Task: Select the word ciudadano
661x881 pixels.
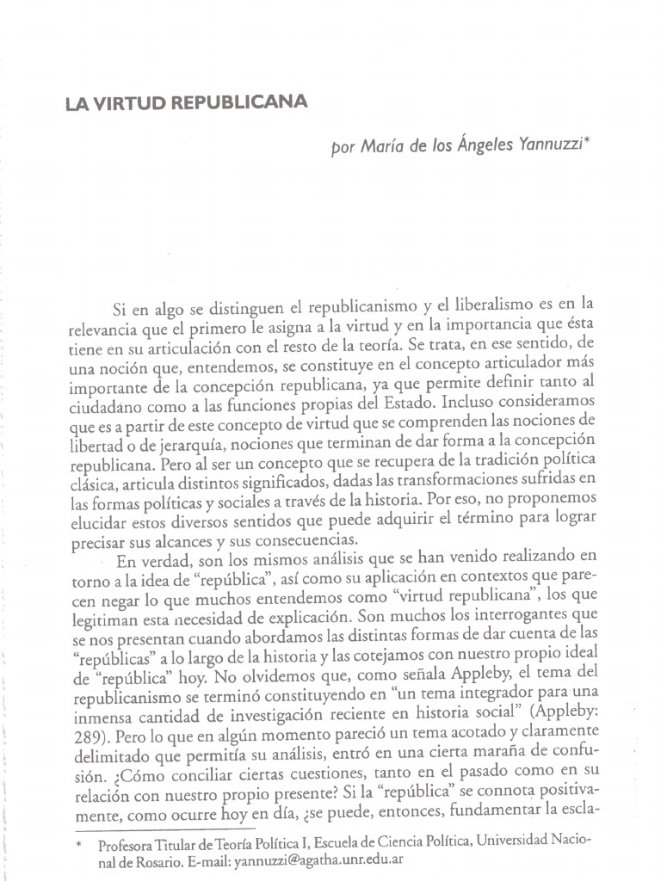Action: [103, 402]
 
